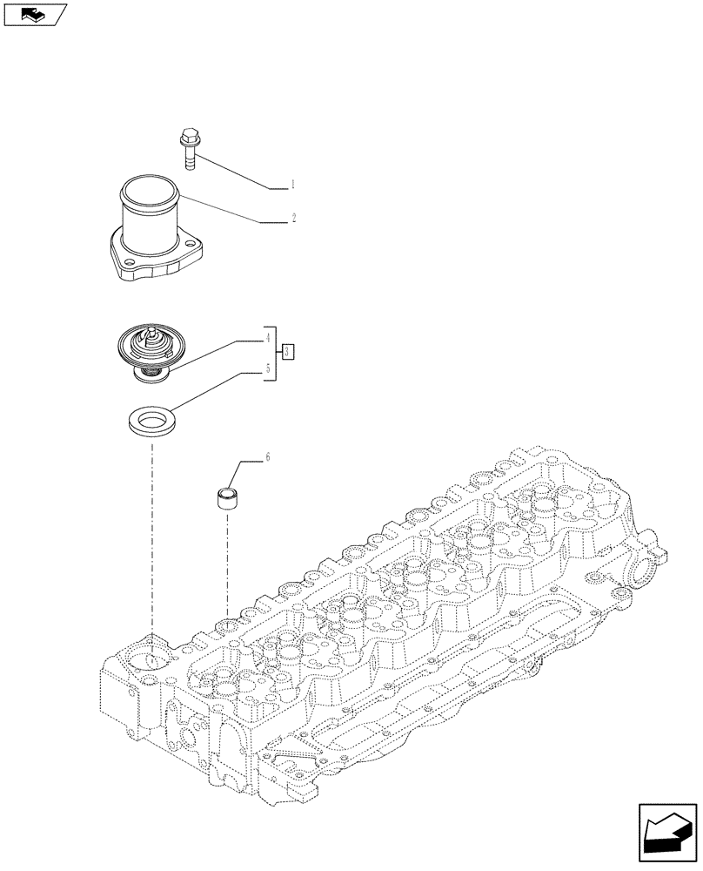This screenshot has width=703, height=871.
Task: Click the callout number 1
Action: (293, 185)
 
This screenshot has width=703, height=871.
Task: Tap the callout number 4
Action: (269, 336)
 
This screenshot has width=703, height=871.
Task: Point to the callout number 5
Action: (269, 369)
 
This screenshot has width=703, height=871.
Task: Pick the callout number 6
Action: (267, 456)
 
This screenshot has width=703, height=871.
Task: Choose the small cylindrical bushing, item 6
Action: (227, 500)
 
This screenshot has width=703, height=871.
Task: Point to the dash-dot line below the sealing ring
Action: (151, 540)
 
